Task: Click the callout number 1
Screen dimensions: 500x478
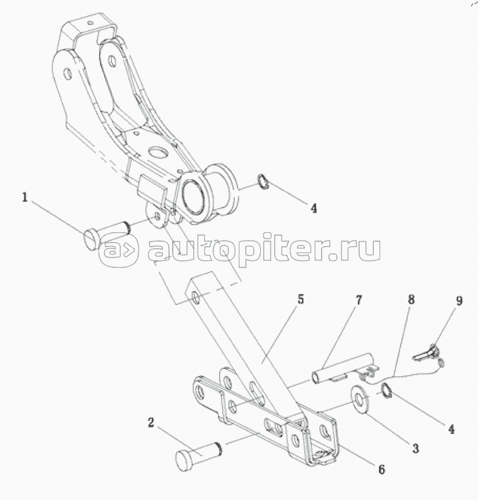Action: pyautogui.click(x=25, y=198)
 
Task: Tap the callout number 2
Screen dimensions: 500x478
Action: pyautogui.click(x=151, y=423)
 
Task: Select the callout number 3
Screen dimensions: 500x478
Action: pyautogui.click(x=414, y=450)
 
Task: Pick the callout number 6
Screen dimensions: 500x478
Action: pyautogui.click(x=381, y=469)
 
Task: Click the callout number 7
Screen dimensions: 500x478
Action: pyautogui.click(x=358, y=301)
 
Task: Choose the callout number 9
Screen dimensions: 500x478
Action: pyautogui.click(x=459, y=301)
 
